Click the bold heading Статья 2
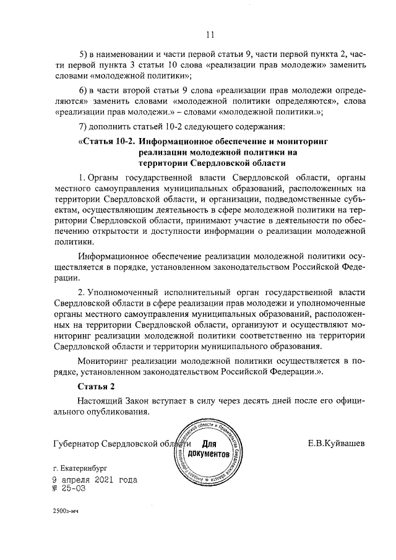[96, 386]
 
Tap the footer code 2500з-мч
[67, 512]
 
